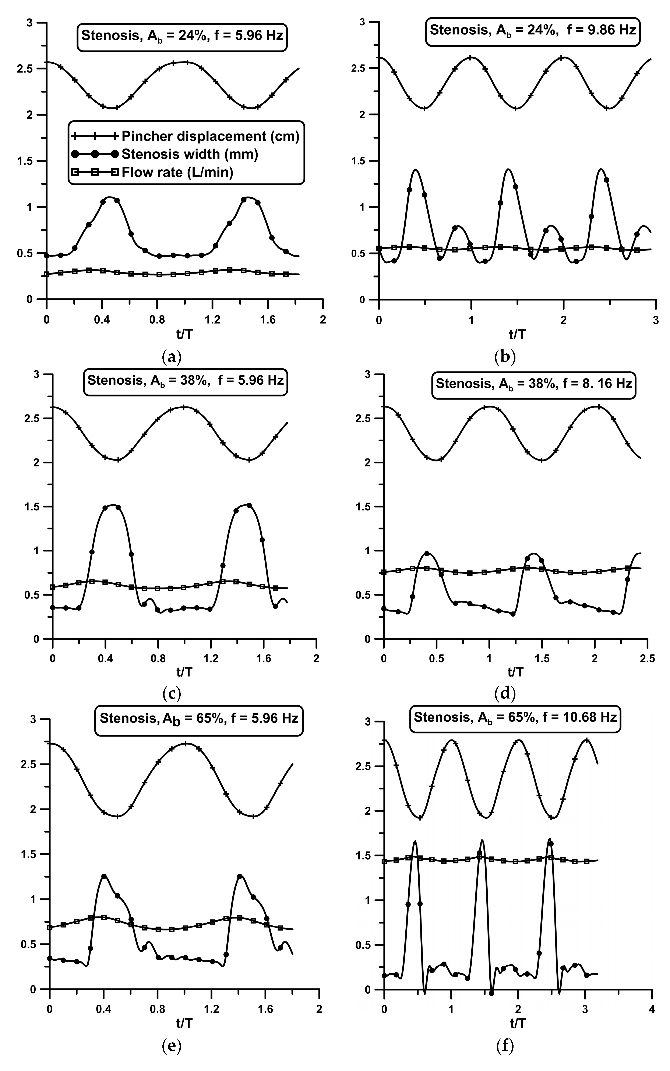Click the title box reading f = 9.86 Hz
[x=533, y=31]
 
